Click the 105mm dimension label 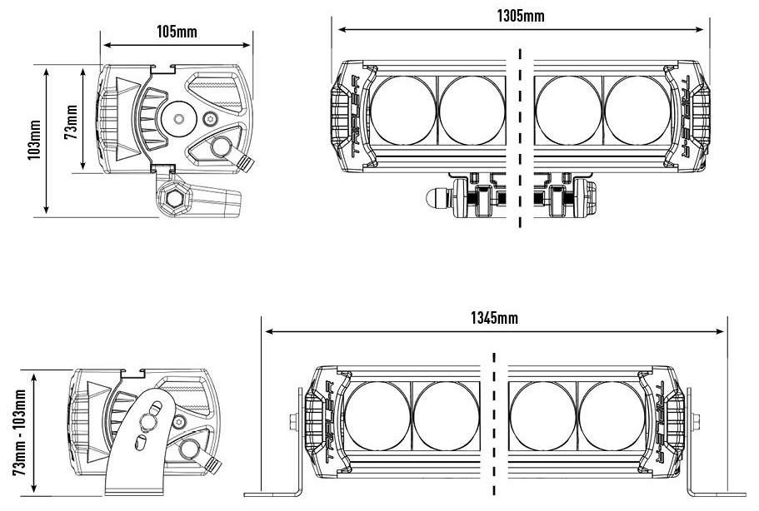pos(177,32)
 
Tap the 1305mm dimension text pos(520,17)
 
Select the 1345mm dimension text pos(495,319)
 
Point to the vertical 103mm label pos(34,141)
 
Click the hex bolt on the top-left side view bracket pos(175,199)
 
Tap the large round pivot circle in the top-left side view pos(179,114)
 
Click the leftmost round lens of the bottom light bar pos(378,416)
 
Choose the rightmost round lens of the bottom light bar pos(612,416)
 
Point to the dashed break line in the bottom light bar pos(495,424)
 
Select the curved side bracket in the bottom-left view pos(142,441)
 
